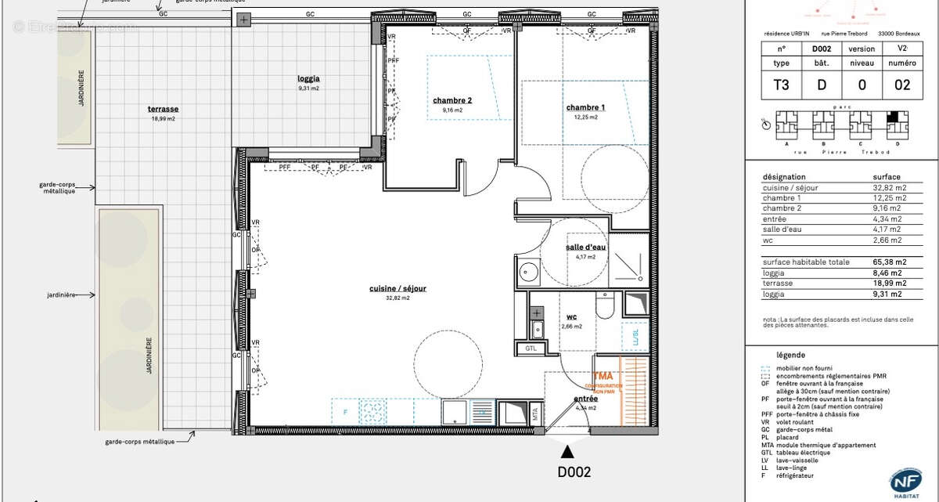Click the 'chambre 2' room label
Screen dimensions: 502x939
pos(452,100)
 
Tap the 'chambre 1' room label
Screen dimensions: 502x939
pos(585,107)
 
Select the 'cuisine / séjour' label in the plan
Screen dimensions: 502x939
pos(398,288)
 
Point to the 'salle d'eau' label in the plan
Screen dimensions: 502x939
pos(586,247)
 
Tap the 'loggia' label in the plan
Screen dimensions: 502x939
pos(308,78)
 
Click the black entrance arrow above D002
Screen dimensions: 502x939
pos(567,450)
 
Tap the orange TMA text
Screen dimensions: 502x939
pos(603,377)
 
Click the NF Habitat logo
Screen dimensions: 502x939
pos(905,481)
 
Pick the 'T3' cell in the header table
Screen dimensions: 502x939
pos(781,85)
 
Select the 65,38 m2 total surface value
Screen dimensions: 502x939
pos(890,262)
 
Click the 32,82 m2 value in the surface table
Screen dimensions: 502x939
pos(890,188)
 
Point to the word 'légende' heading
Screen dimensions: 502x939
pos(790,355)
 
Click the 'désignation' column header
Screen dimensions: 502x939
pos(783,177)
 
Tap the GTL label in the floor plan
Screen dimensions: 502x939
pos(531,349)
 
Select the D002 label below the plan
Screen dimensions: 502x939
pos(574,472)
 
